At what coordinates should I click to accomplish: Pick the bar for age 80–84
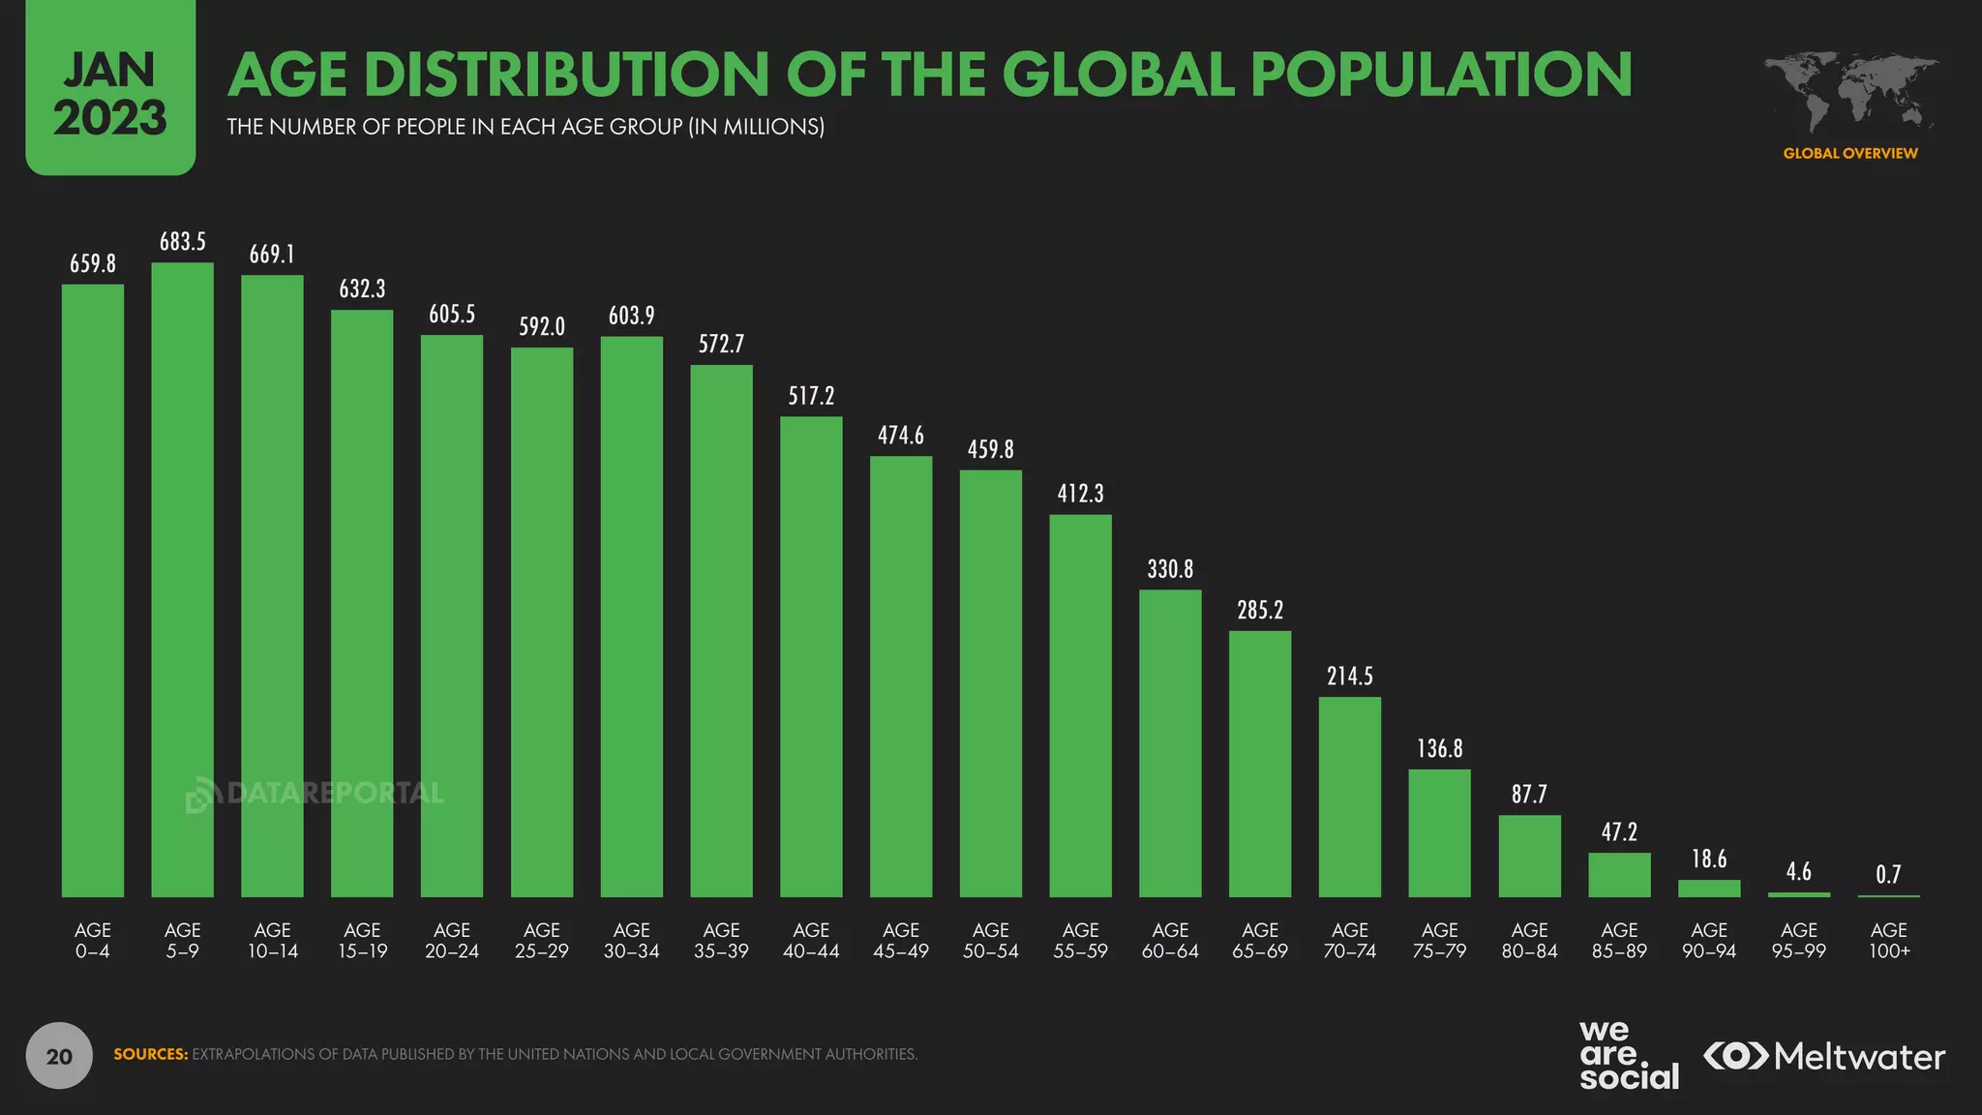coord(1529,856)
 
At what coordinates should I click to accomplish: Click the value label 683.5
coord(182,241)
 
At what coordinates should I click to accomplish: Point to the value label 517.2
coord(811,396)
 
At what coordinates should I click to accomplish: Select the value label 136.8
coord(1439,748)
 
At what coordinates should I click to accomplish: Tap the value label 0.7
coord(1888,875)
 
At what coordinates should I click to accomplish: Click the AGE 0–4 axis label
coord(93,940)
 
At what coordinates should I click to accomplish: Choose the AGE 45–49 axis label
coord(900,940)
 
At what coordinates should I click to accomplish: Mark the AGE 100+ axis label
coord(1888,940)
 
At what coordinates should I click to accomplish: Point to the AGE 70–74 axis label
coord(1349,940)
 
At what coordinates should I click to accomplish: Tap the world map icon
coord(1850,92)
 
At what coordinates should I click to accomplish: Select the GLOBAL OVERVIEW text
coord(1850,153)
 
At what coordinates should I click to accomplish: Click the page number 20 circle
coord(59,1056)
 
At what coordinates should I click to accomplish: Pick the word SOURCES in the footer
coord(151,1054)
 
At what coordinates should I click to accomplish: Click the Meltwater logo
coord(1824,1056)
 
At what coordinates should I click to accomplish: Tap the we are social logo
coord(1629,1055)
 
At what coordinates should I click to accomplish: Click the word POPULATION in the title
coord(1442,75)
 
